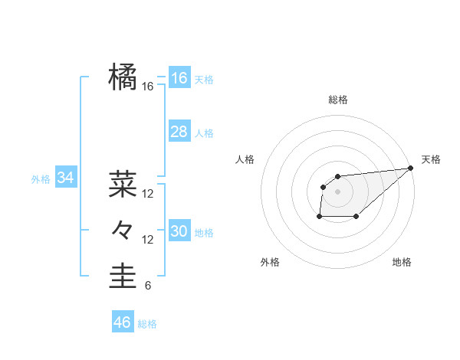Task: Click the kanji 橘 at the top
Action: (123, 77)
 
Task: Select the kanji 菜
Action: (123, 183)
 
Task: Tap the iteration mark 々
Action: (123, 229)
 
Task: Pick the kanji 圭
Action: (123, 276)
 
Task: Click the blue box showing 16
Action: (179, 78)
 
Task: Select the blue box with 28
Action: (179, 132)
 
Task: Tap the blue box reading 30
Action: (179, 231)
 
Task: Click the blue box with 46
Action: (122, 322)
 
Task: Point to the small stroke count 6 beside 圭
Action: (148, 286)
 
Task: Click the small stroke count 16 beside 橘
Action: (148, 87)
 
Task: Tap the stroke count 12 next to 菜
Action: (148, 194)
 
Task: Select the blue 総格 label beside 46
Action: (147, 324)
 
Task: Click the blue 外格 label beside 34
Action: (41, 179)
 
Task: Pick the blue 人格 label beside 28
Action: (204, 133)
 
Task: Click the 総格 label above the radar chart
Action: (337, 100)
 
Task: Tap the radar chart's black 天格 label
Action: (431, 159)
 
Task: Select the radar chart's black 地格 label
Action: (402, 262)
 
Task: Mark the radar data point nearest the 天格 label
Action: (411, 169)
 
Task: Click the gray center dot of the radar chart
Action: (337, 191)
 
